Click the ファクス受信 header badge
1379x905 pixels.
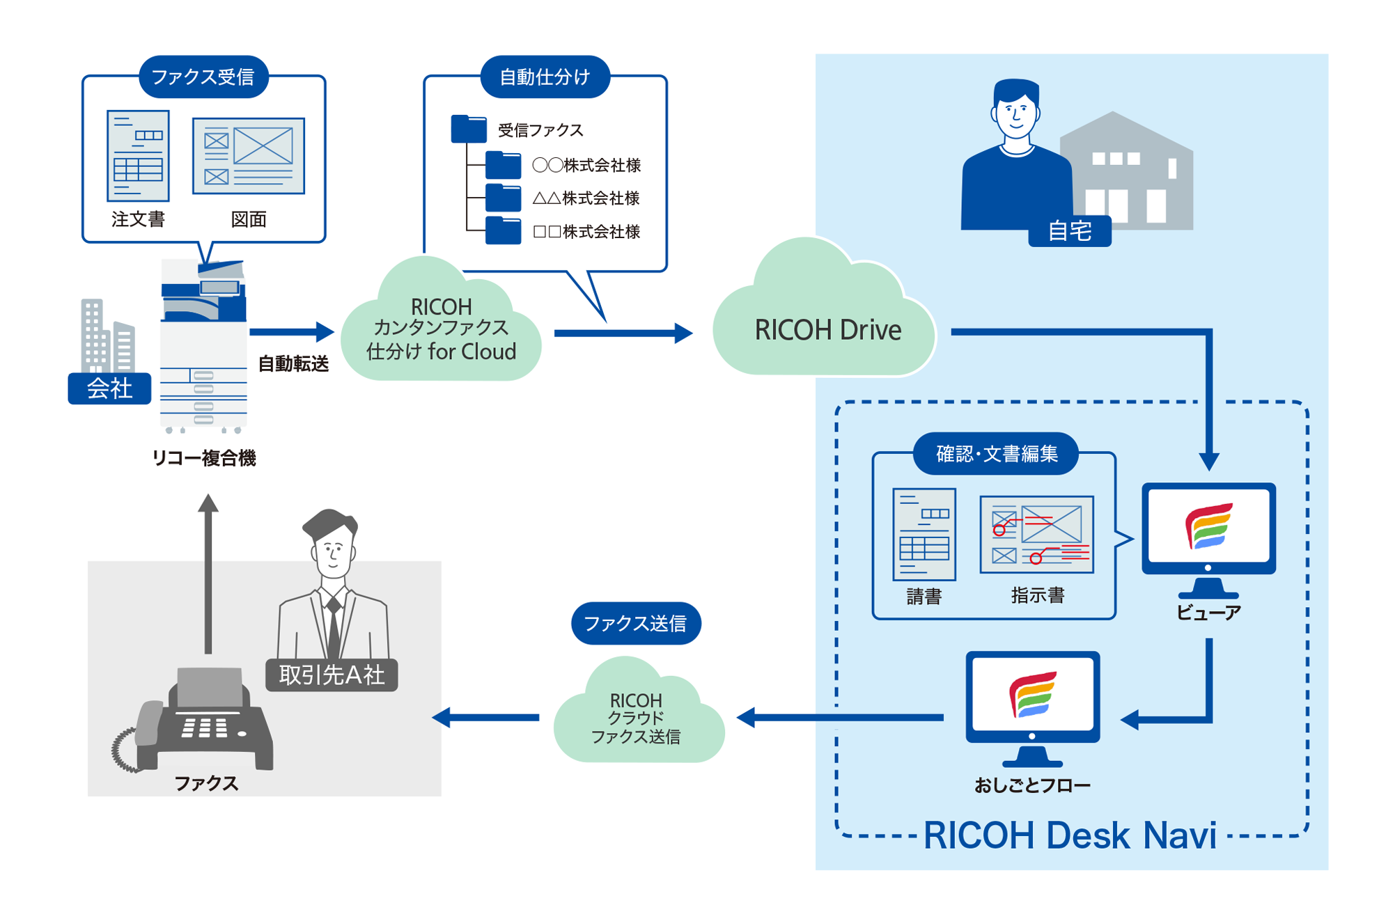click(203, 77)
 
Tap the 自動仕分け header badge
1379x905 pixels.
click(545, 77)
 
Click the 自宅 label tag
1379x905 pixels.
click(1069, 231)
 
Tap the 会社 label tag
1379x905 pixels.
click(109, 388)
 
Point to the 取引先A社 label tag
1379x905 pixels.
click(332, 675)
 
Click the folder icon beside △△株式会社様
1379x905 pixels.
click(503, 198)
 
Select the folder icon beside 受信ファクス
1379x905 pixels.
click(468, 129)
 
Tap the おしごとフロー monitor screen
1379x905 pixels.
click(1032, 695)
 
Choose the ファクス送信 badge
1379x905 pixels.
click(635, 623)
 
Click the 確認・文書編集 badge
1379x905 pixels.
click(996, 454)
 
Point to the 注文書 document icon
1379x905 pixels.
click(138, 155)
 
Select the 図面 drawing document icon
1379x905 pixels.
click(249, 156)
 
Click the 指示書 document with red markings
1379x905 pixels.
click(1036, 535)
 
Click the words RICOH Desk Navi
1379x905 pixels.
click(1070, 835)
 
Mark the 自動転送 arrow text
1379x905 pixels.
click(293, 363)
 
